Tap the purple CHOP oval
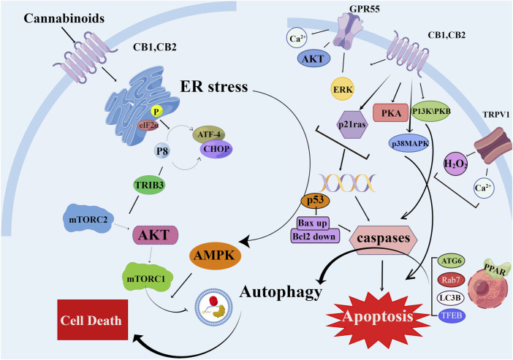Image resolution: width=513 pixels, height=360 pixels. tap(222, 149)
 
